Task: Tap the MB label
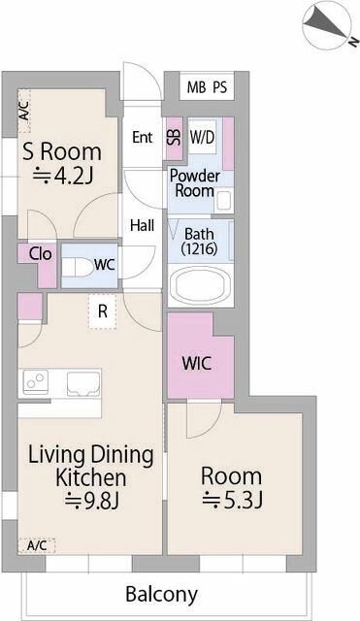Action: pos(196,87)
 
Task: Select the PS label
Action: pos(220,87)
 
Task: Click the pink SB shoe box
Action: pos(175,138)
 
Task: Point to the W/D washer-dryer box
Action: pos(202,137)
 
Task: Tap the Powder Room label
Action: pos(194,183)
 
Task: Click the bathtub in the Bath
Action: pos(200,285)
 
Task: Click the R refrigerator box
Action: pos(103,311)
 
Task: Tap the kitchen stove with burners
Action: pos(36,382)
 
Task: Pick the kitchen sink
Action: pos(83,383)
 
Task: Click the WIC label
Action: pos(197,363)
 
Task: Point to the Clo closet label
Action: pos(41,254)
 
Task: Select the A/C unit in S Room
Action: pos(23,111)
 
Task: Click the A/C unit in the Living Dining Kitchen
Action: pos(37,545)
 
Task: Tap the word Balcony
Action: pos(161,595)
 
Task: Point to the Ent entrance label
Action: pos(143,137)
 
